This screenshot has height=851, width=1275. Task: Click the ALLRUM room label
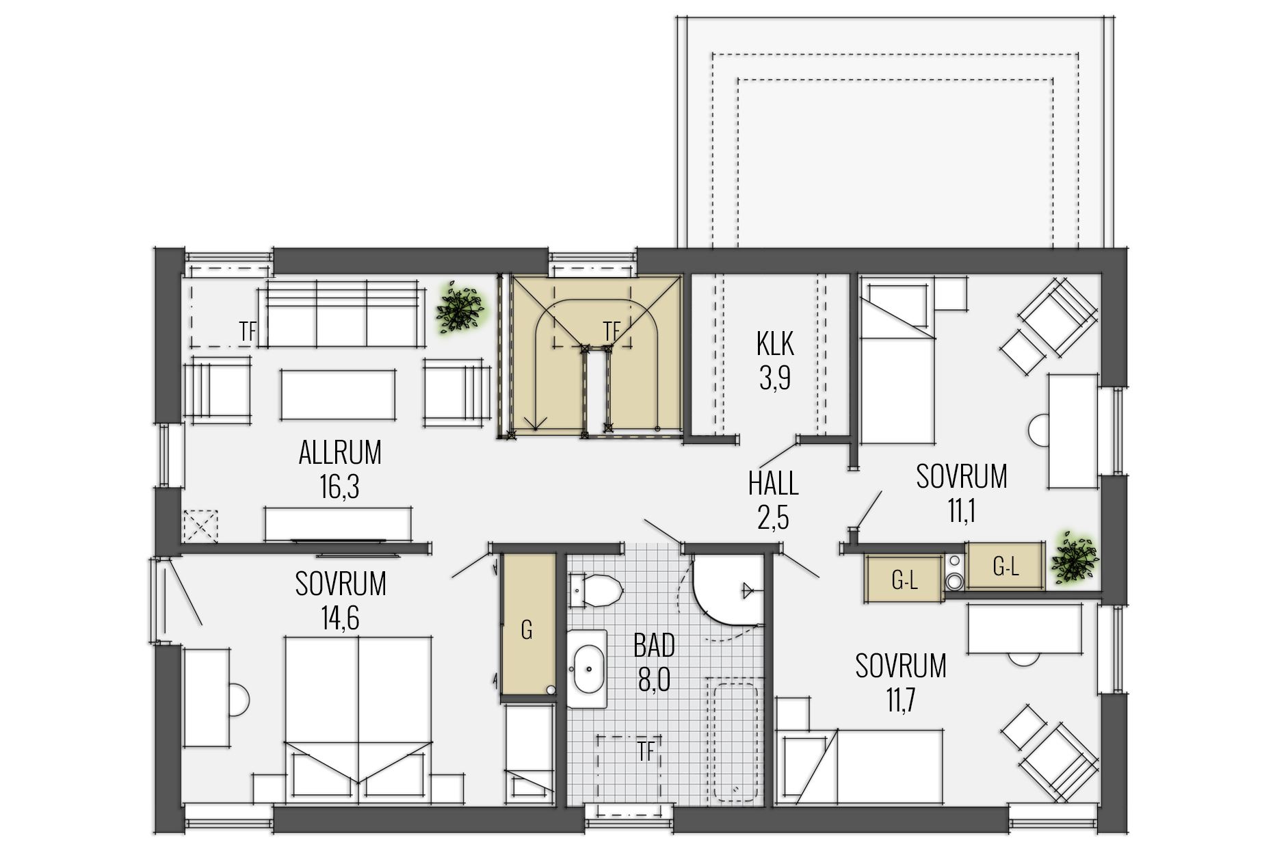point(340,452)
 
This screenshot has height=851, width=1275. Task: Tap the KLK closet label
point(775,343)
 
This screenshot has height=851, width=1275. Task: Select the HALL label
point(773,484)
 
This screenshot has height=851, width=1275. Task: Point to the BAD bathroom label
point(654,645)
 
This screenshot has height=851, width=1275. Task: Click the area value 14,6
point(340,619)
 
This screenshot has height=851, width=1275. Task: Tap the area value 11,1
point(960,511)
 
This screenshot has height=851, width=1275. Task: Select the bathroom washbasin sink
point(587,669)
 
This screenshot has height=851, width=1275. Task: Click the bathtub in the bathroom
point(735,739)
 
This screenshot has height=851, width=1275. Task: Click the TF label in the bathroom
point(645,752)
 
